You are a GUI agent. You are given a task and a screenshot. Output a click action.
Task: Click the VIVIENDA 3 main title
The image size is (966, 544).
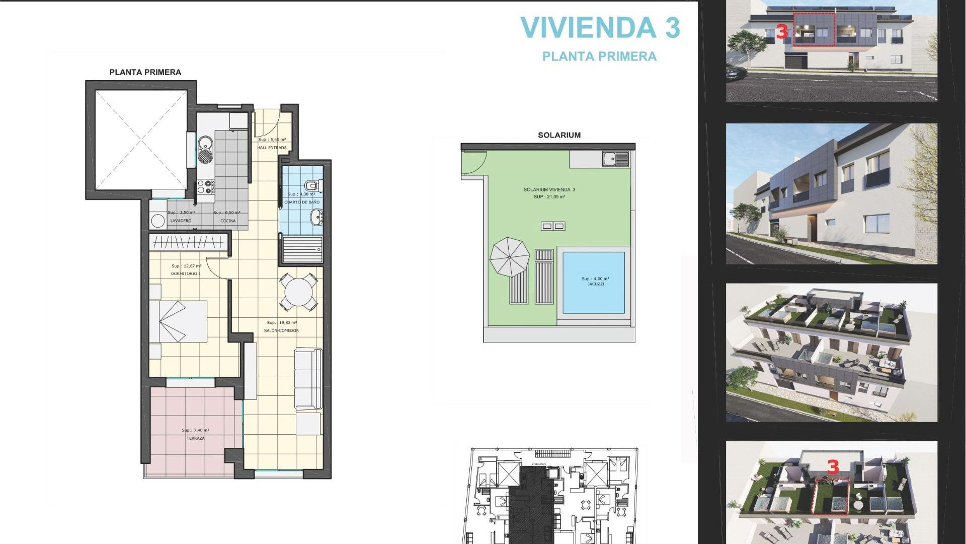600,28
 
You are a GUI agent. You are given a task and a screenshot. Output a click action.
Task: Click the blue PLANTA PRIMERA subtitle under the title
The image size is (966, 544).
599,56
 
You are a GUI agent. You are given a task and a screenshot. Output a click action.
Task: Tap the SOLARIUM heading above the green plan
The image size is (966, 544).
559,135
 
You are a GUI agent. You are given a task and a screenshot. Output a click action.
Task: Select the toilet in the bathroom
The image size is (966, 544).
312,185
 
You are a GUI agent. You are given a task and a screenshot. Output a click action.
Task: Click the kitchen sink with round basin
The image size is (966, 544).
205,149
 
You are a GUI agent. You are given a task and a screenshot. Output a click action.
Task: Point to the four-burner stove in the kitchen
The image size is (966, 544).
206,187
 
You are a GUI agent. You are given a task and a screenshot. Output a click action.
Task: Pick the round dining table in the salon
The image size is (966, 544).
298,292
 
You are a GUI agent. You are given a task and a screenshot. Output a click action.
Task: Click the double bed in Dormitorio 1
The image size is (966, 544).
179,321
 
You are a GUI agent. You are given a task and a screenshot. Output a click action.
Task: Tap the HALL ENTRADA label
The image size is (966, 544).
272,148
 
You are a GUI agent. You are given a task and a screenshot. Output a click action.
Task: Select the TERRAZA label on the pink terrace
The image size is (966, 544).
196,438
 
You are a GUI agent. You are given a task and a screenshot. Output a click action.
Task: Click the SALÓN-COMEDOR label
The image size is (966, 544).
281,330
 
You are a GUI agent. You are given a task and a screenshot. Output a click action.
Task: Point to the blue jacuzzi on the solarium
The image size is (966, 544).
594,282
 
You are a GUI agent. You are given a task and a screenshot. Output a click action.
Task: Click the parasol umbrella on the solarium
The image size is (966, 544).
510,257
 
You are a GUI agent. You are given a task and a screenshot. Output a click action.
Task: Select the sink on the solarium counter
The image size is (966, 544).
615,159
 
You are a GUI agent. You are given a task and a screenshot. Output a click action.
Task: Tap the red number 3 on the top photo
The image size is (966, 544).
781,32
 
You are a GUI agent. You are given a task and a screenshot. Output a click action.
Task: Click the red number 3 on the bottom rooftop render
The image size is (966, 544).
833,467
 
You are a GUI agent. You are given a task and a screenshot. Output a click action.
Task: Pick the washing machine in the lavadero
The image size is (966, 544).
158,220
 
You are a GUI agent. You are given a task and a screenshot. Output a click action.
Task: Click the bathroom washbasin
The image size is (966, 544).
317,218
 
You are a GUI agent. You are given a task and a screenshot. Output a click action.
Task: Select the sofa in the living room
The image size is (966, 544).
308,378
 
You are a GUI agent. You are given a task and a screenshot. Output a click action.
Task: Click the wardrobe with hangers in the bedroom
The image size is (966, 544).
189,243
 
